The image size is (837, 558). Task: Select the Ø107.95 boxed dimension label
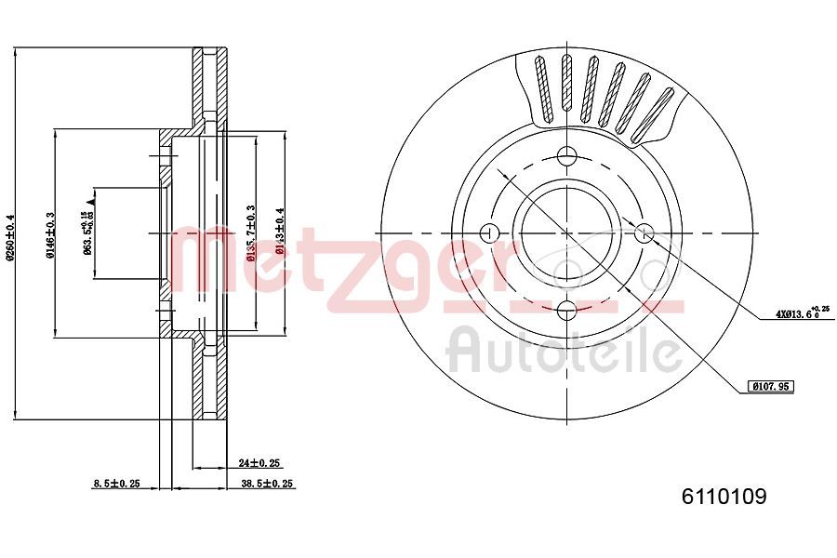coord(771,385)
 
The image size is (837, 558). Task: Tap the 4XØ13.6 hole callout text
coord(799,313)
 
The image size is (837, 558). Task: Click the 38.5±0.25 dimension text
coord(267,484)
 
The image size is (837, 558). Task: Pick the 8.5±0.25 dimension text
coord(116,484)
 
